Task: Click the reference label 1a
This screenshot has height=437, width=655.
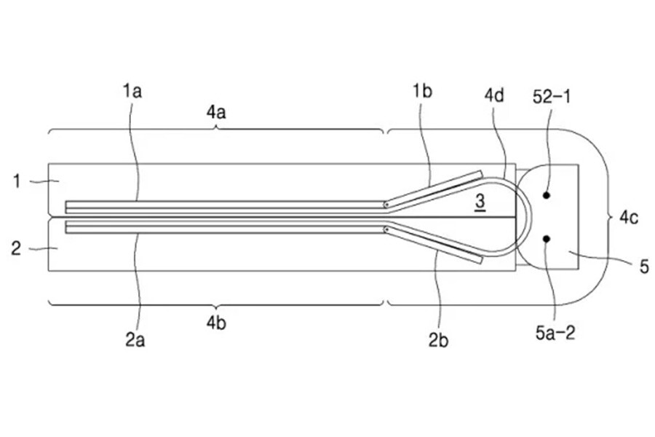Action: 132,91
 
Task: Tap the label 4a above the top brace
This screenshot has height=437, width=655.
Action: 216,112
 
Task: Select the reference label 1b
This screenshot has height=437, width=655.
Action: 422,91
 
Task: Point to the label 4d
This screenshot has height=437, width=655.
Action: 494,95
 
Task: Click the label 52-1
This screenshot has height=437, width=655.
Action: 552,97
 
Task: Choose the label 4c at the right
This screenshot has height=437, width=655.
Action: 629,218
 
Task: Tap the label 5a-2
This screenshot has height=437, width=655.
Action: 555,333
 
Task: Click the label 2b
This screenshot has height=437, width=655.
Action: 438,341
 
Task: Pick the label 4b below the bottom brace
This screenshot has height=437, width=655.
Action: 216,323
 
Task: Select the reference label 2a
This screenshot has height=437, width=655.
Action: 135,340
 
